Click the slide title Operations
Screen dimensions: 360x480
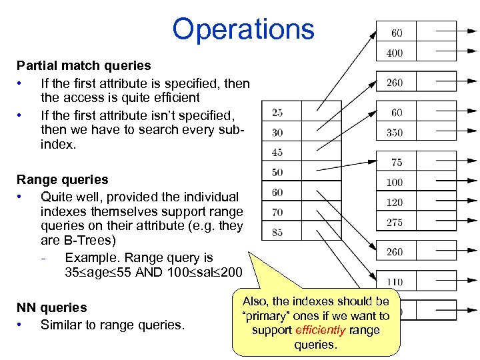243,29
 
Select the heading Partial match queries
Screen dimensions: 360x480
83,66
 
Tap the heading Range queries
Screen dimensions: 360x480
62,179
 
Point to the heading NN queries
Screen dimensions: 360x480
51,307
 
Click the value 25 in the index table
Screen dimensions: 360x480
277,113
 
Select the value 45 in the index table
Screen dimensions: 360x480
277,153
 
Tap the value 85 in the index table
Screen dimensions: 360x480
277,233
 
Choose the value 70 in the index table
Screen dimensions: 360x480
277,213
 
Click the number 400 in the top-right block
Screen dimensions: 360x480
395,53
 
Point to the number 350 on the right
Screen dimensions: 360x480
395,133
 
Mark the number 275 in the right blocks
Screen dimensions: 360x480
395,223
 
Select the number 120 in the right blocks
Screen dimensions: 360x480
395,203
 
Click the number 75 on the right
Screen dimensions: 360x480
397,163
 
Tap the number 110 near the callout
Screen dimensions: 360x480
395,283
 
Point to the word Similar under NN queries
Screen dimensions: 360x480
61,325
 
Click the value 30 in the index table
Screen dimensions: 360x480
277,133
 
